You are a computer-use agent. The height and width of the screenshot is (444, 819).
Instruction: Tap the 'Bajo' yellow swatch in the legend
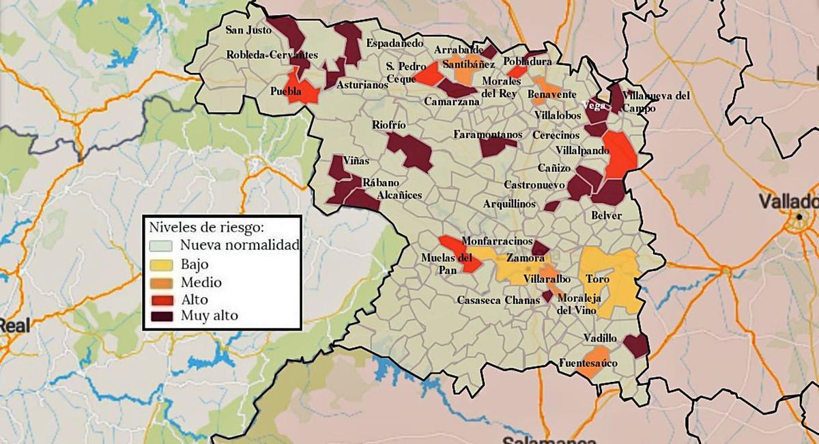[163, 264]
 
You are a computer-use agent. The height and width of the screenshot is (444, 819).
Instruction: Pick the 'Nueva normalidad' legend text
[240, 245]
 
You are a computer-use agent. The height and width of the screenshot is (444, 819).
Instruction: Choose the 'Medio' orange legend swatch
[163, 281]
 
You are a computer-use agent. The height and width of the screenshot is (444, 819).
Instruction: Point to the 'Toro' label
[598, 279]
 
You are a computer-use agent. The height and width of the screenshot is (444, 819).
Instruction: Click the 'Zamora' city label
[525, 259]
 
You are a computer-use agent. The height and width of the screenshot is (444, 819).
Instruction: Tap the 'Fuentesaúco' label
[588, 363]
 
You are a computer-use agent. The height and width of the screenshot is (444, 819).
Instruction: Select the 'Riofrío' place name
[389, 125]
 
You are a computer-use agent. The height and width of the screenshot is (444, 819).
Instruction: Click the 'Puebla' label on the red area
[287, 91]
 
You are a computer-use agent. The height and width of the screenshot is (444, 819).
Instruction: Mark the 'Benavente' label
[552, 94]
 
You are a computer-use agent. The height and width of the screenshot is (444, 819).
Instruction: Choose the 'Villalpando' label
[581, 149]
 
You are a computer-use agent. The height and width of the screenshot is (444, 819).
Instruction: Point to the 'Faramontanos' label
[487, 135]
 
